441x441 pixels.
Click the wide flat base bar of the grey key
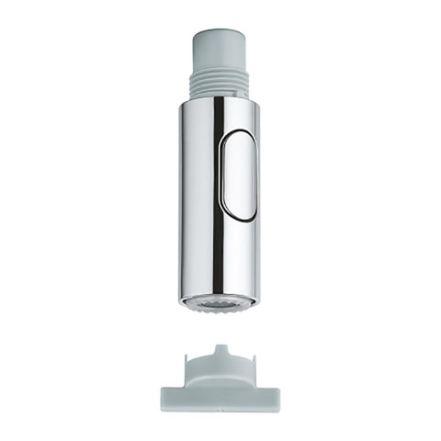pos(220,397)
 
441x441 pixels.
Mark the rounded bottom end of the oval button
pos(241,214)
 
